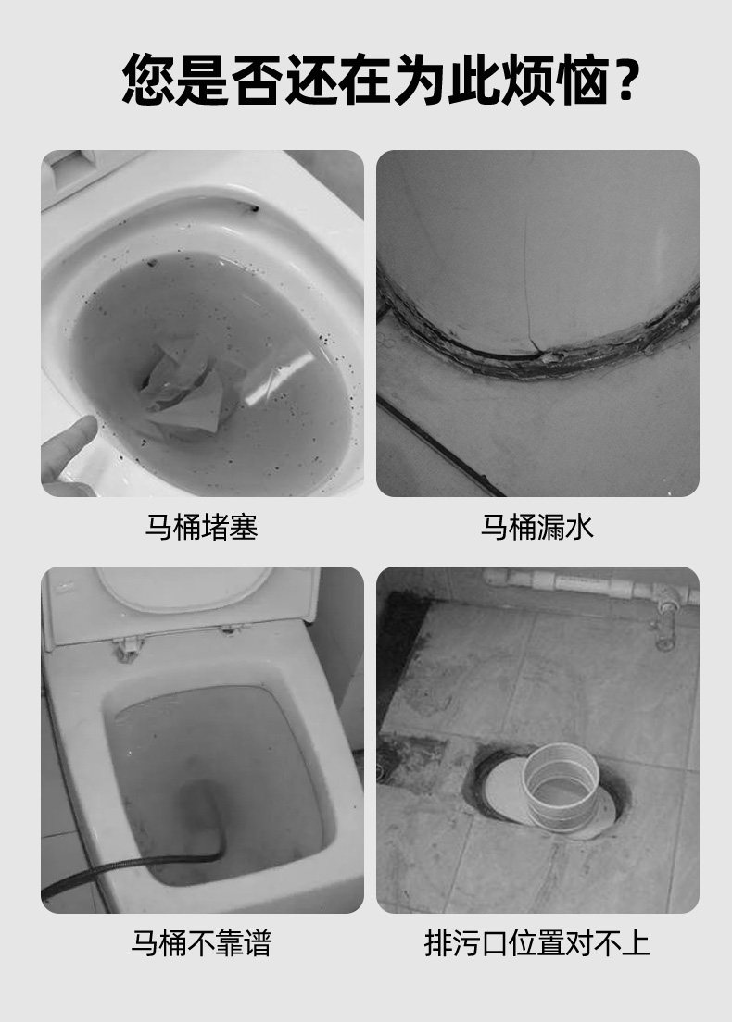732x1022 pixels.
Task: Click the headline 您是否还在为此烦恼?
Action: point(380,81)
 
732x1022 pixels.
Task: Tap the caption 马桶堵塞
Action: point(201,528)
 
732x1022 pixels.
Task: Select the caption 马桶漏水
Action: point(536,528)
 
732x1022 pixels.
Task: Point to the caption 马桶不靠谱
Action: point(201,943)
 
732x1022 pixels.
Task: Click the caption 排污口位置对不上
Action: point(536,943)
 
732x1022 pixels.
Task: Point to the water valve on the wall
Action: point(664,616)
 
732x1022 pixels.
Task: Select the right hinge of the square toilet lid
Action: point(229,630)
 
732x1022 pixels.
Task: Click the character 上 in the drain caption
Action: point(637,943)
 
